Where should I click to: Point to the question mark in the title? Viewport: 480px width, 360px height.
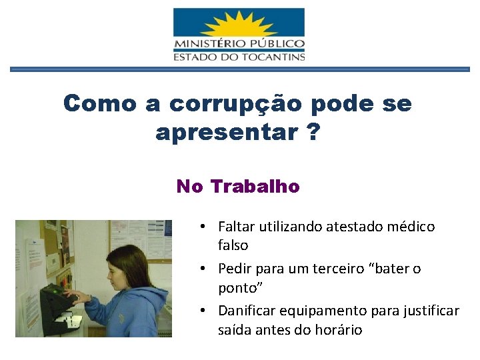(313, 132)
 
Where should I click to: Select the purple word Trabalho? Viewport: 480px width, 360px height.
(255, 187)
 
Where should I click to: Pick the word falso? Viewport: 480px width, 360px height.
(233, 245)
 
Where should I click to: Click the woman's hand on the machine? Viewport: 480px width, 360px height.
(78, 297)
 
